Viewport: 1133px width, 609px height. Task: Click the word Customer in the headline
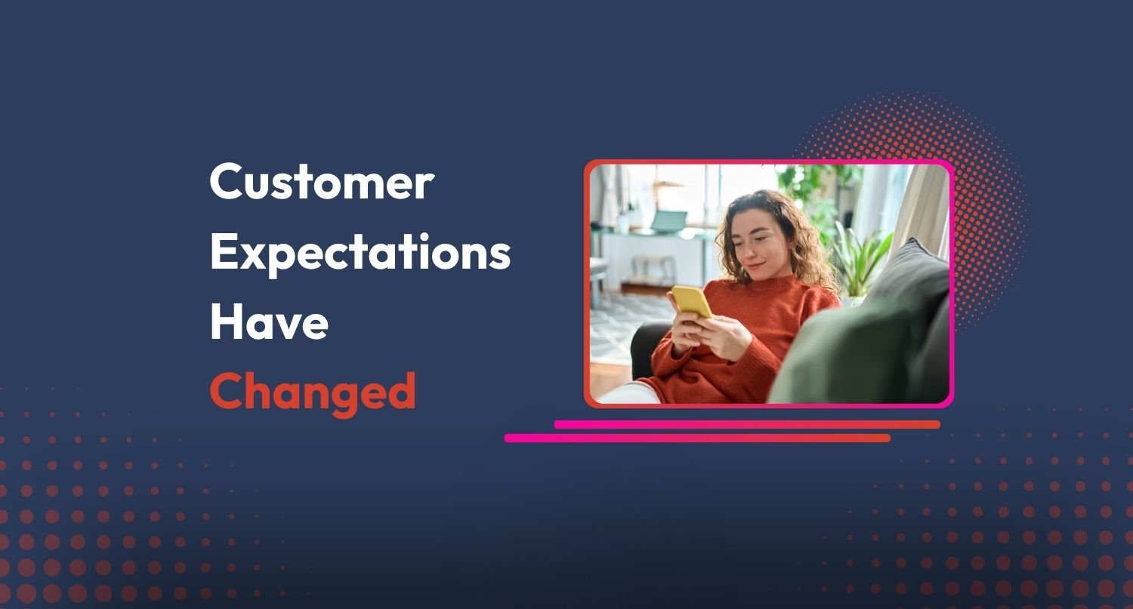click(x=322, y=183)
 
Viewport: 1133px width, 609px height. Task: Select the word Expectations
click(x=360, y=253)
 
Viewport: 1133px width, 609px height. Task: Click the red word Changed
click(x=313, y=389)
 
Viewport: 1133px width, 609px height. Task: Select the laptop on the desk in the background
click(x=669, y=220)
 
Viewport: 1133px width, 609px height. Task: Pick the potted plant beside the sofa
click(x=861, y=260)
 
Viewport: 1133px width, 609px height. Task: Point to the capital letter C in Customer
click(x=224, y=183)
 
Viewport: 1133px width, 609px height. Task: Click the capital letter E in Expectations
click(x=222, y=253)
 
